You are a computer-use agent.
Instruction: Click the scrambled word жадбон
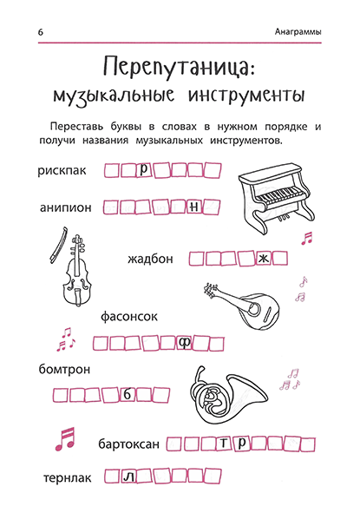click(151, 258)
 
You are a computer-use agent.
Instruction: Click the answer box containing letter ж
click(264, 258)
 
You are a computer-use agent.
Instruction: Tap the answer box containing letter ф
click(184, 342)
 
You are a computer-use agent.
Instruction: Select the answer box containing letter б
click(127, 394)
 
